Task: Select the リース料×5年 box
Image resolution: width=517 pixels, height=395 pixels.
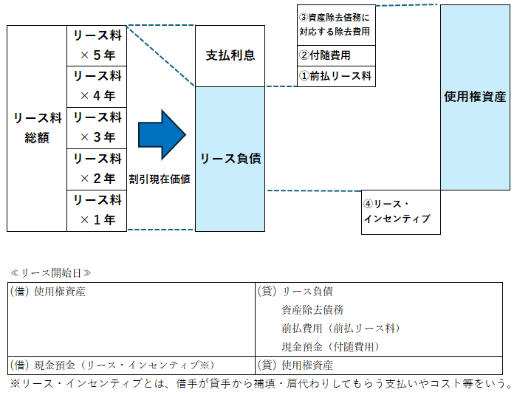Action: (97, 45)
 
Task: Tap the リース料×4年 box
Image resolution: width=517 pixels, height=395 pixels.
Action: (97, 86)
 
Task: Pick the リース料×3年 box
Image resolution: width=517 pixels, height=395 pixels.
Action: (97, 128)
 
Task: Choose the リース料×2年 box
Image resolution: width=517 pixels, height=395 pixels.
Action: (97, 169)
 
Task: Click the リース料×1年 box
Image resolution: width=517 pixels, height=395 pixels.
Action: (97, 210)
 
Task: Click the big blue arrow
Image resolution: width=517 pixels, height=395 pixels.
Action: (161, 134)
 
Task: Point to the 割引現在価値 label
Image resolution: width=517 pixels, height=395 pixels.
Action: (160, 179)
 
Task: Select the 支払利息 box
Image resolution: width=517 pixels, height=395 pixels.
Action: (230, 56)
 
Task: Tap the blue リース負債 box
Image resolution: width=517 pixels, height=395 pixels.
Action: (230, 158)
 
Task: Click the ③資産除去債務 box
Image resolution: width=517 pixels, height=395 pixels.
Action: (335, 24)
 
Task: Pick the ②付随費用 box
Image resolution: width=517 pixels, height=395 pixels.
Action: (335, 55)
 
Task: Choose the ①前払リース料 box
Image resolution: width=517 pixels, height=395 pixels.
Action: (335, 76)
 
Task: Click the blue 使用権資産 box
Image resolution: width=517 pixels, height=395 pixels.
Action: (475, 97)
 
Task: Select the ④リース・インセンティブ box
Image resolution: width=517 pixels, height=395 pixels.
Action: (400, 212)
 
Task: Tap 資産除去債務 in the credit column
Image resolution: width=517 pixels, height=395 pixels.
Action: (312, 310)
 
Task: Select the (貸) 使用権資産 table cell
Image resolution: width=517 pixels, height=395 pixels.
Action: (295, 365)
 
